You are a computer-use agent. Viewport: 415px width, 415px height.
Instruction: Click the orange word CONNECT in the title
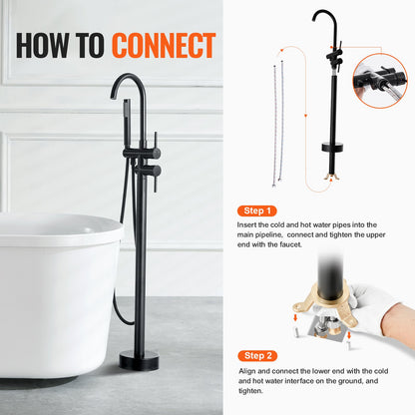click(x=163, y=45)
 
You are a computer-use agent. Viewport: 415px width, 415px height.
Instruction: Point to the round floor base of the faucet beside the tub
click(x=139, y=359)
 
